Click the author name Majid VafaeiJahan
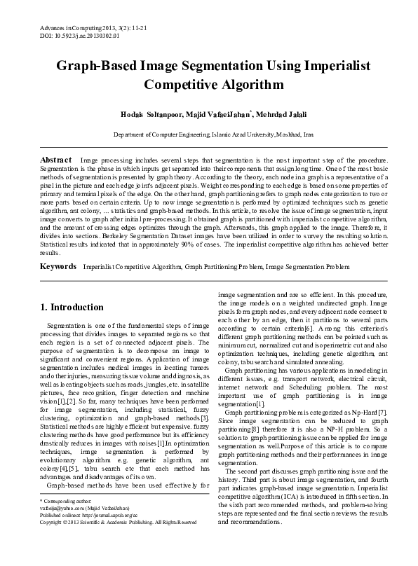[213, 113]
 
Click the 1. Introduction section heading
[72, 307]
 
